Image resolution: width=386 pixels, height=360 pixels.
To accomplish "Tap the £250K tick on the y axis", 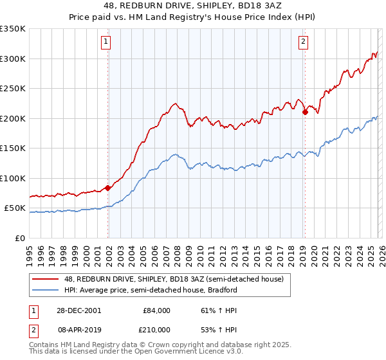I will click(13, 89).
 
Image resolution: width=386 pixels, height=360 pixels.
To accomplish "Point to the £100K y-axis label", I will click(13, 178).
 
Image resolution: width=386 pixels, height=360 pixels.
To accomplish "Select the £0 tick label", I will click(20, 238).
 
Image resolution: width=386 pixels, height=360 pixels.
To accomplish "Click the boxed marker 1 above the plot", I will click(106, 42).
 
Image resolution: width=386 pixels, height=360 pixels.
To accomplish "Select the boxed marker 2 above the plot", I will click(303, 42).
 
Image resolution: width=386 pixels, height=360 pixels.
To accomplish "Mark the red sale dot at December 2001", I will click(108, 188).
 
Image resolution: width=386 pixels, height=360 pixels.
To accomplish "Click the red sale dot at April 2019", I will click(305, 113).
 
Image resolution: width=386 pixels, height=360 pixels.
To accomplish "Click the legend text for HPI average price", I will click(151, 290).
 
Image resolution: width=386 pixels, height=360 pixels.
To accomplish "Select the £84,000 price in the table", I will click(156, 310).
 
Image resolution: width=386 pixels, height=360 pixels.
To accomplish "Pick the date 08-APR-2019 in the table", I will click(79, 329).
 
